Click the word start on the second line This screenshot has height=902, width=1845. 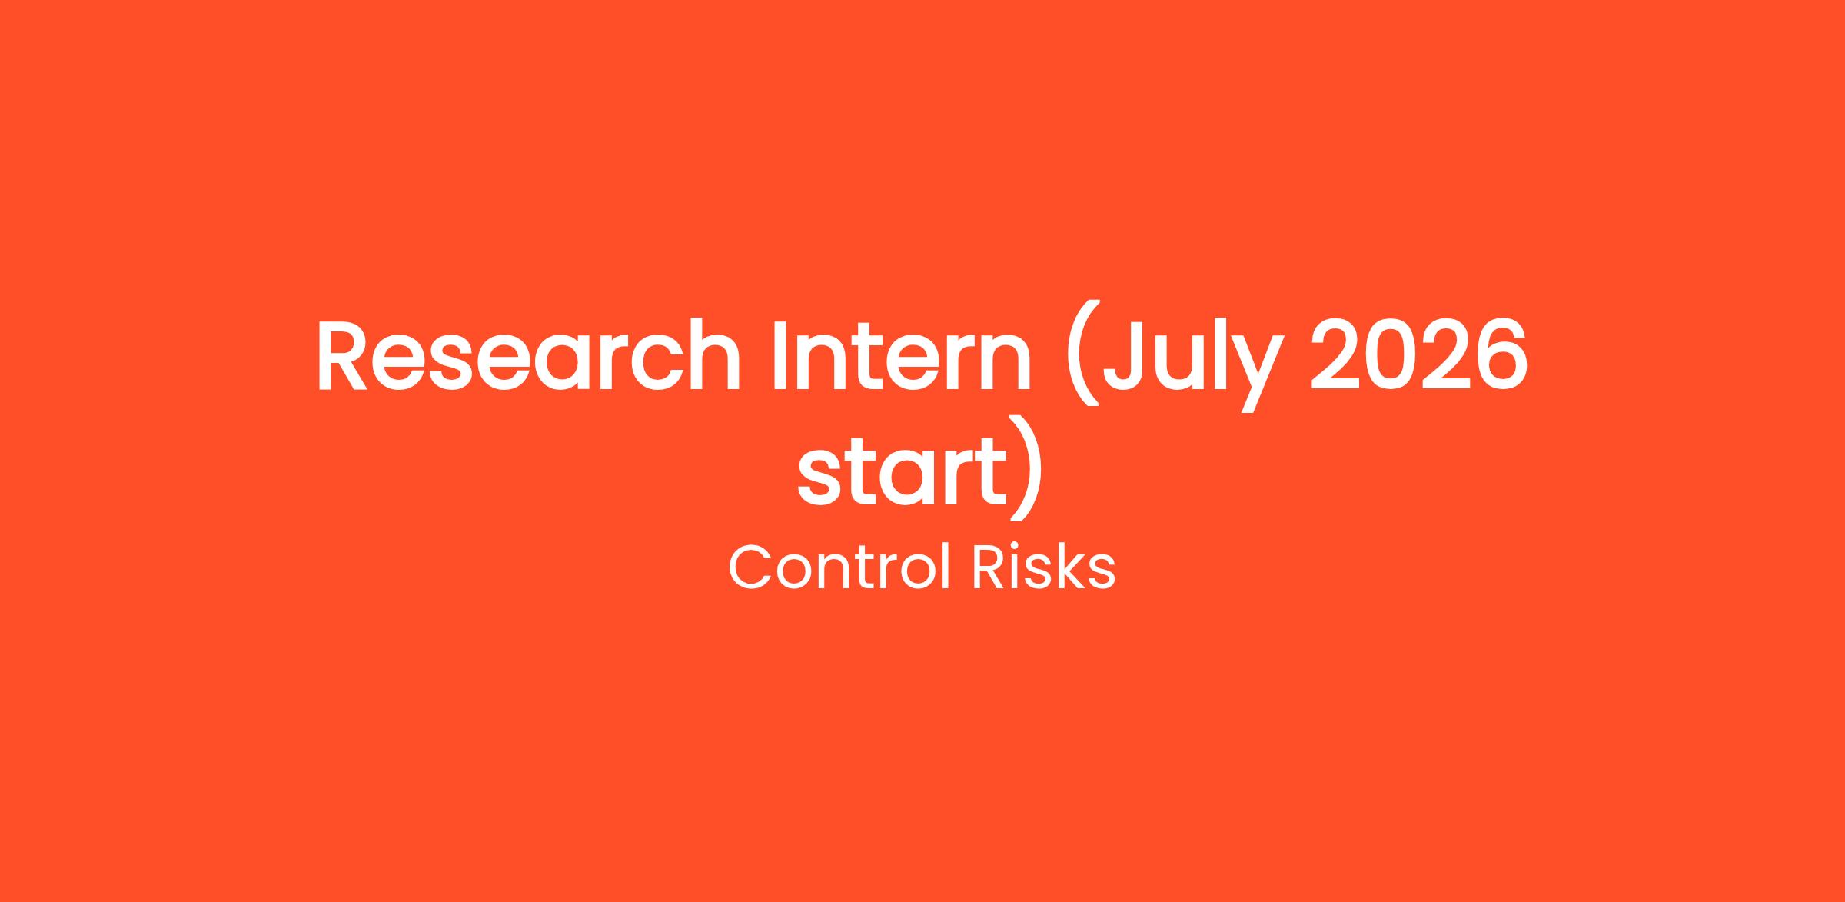(x=902, y=470)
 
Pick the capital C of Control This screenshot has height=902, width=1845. (x=750, y=568)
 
